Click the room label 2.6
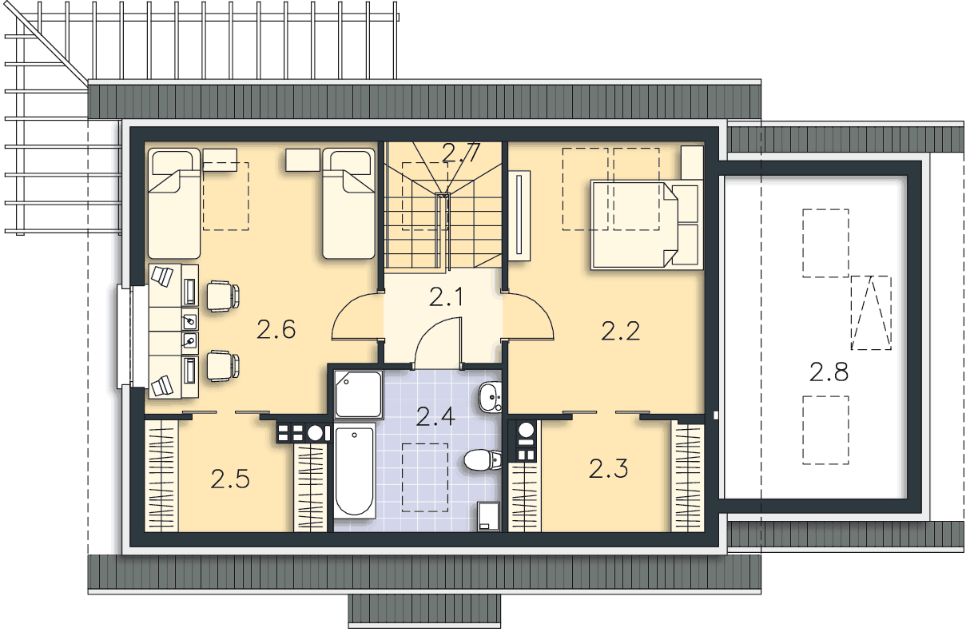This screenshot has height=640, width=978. pyautogui.click(x=276, y=330)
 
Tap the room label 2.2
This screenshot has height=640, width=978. pyautogui.click(x=620, y=331)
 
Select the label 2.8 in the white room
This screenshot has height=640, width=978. pyautogui.click(x=829, y=372)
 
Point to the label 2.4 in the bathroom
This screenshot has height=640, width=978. pyautogui.click(x=435, y=416)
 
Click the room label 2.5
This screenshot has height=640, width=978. pyautogui.click(x=229, y=479)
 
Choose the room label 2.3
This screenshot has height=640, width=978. pyautogui.click(x=608, y=468)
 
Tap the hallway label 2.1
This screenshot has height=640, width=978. pyautogui.click(x=445, y=297)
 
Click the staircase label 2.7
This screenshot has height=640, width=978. pyautogui.click(x=461, y=153)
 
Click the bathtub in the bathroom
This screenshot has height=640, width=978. pyautogui.click(x=355, y=471)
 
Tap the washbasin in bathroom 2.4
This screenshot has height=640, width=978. pyautogui.click(x=490, y=397)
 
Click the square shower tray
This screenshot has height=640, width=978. pyautogui.click(x=359, y=395)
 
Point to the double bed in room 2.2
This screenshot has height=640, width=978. pyautogui.click(x=646, y=225)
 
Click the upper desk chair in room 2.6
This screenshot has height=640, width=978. pyautogui.click(x=223, y=296)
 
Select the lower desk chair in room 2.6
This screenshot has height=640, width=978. pyautogui.click(x=223, y=365)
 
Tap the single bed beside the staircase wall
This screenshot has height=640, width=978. pyautogui.click(x=348, y=204)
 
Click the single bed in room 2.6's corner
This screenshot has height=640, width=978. pyautogui.click(x=173, y=204)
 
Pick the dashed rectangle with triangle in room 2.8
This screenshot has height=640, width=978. pyautogui.click(x=871, y=312)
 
